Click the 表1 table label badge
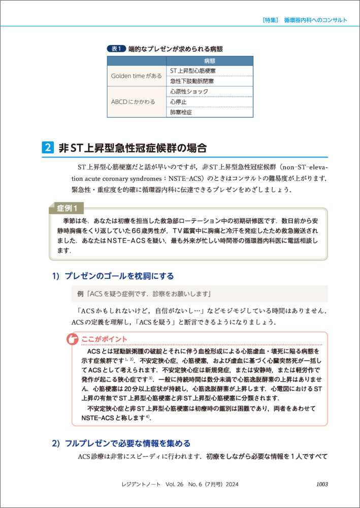(x=117, y=49)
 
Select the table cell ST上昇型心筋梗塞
(x=192, y=71)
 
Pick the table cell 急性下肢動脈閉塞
(x=192, y=81)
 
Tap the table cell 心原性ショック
(x=189, y=91)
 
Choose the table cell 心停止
(x=178, y=102)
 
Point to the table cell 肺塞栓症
(x=181, y=112)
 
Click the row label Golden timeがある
(x=137, y=76)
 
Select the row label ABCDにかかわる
(x=133, y=102)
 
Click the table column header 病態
(x=209, y=60)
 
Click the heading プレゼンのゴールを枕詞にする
(x=119, y=276)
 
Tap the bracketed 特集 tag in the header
(x=270, y=20)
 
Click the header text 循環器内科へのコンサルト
(x=316, y=20)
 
